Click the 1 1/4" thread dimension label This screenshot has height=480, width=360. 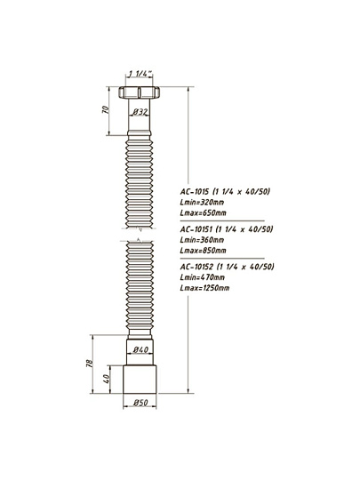(x=140, y=74)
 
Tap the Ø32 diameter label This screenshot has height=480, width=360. (x=140, y=112)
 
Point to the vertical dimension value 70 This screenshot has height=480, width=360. (x=105, y=109)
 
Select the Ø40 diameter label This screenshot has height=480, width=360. (x=140, y=349)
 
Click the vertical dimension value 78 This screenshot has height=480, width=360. (x=90, y=364)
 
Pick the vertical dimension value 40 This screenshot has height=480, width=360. (x=107, y=379)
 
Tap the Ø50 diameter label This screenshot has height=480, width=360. (x=140, y=403)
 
